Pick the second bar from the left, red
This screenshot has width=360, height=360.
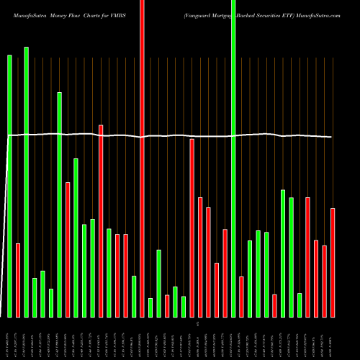[18, 280]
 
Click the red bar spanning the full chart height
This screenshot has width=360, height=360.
[142, 158]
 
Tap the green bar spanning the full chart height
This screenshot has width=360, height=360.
[233, 158]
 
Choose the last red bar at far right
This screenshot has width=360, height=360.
[333, 262]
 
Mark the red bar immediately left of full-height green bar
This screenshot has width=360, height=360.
[225, 273]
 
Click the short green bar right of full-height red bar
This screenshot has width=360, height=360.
[150, 307]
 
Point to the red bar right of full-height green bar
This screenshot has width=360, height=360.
[241, 297]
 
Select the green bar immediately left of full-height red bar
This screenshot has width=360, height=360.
[134, 296]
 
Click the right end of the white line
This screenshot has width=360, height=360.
[332, 137]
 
